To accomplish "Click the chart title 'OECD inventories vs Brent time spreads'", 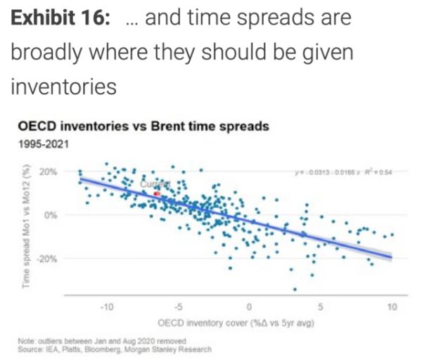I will point(143,127).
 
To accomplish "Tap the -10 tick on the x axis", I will point(106,307).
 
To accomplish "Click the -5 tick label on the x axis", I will point(178,307).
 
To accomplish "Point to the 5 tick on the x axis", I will point(321,307).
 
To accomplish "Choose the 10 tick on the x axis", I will point(392,307).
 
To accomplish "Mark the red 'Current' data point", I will point(157,193).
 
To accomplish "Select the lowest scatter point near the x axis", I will point(295,290).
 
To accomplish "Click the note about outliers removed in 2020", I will point(103,340).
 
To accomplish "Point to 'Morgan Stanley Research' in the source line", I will point(174,348).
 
